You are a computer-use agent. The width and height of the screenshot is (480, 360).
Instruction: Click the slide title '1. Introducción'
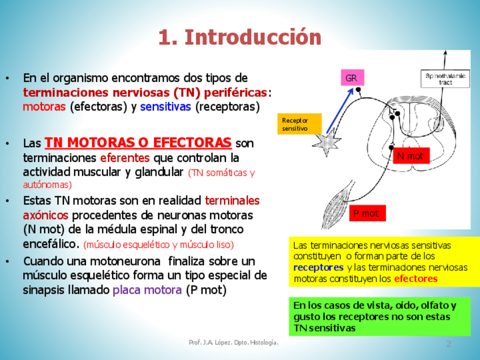click(239, 37)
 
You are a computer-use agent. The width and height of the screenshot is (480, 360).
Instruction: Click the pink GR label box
click(352, 78)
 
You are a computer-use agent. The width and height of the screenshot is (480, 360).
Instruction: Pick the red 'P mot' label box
click(367, 213)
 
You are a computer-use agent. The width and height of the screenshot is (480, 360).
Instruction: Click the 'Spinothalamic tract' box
click(446, 79)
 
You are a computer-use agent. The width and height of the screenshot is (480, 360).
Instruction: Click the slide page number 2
click(448, 344)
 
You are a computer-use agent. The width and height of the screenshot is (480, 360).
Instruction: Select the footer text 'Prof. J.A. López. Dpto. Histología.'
click(233, 343)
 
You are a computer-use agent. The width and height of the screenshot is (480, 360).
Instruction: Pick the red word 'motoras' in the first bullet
click(44, 107)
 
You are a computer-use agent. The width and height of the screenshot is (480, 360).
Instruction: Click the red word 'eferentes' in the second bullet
click(125, 157)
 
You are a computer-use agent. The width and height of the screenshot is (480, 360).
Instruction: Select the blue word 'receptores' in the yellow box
click(318, 267)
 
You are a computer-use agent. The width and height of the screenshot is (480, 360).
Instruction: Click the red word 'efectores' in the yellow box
click(415, 278)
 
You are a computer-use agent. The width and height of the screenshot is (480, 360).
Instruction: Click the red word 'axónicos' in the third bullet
click(45, 215)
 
